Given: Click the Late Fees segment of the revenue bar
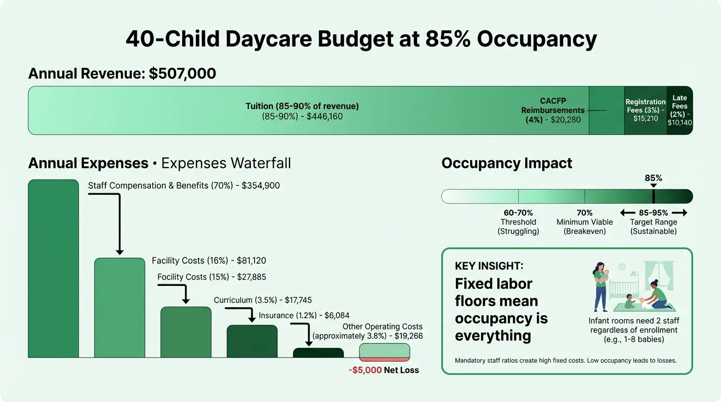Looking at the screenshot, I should coord(680,110).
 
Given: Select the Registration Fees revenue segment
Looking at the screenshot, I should coord(645,110).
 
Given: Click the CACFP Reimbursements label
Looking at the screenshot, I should coord(553,110).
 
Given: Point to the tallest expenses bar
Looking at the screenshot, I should coord(53,268).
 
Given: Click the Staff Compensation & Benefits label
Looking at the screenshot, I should coord(183,185).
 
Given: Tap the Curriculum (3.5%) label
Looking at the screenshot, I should coord(263,300).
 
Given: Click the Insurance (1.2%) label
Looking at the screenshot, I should coord(304,315).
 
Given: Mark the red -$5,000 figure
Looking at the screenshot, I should coord(365,370).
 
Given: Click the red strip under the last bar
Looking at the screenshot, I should coord(384,359).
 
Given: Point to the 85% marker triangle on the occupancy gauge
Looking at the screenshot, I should coord(653,186).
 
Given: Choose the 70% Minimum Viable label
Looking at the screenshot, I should coord(584,222).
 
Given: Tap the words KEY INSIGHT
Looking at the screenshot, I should coord(489,266).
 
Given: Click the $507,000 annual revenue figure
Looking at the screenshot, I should coord(182,74).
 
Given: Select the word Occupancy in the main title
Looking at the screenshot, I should coord(532,40).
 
